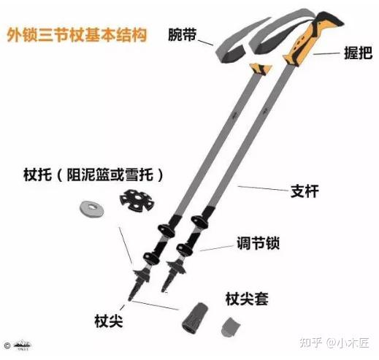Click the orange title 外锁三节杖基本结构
(x=77, y=35)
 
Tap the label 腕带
(x=183, y=34)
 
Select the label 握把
(x=358, y=53)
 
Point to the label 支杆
(x=305, y=191)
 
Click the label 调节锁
(x=258, y=243)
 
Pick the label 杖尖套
(x=247, y=299)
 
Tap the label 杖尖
(x=109, y=321)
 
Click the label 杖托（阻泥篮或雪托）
(x=93, y=175)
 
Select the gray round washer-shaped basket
(x=92, y=208)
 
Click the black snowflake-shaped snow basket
(x=137, y=200)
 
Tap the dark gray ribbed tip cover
(x=195, y=318)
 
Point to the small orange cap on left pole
(x=261, y=69)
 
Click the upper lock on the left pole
(x=166, y=231)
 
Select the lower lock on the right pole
(x=185, y=250)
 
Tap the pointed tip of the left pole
(x=129, y=300)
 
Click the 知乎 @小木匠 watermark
(x=334, y=343)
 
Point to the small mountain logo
(x=22, y=345)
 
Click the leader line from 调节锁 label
(x=217, y=248)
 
